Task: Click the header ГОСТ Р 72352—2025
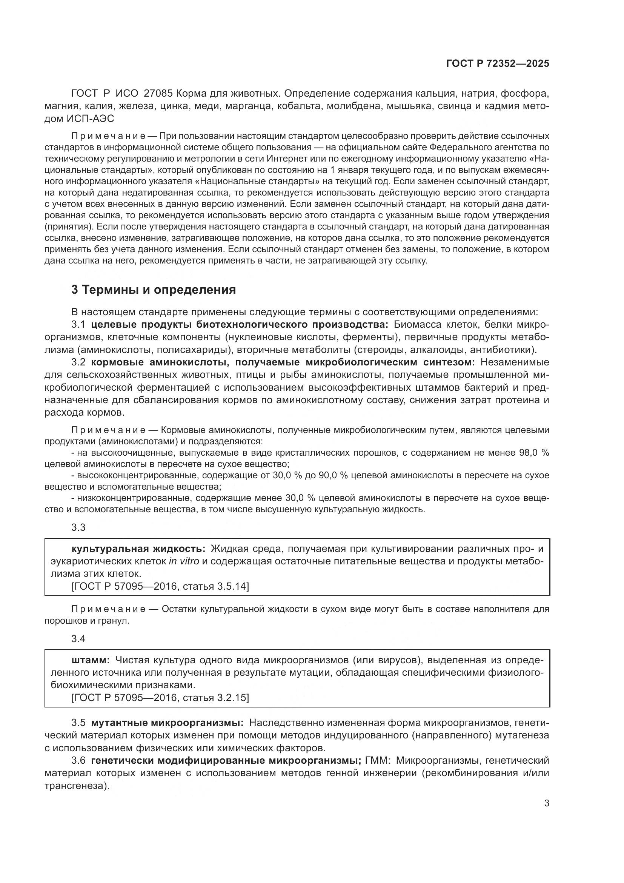coord(498,63)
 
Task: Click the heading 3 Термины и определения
coord(153,289)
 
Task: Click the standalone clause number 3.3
coord(78,527)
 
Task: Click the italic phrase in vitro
coord(184,561)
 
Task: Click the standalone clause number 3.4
coord(78,639)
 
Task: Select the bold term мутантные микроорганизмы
coord(167,723)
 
